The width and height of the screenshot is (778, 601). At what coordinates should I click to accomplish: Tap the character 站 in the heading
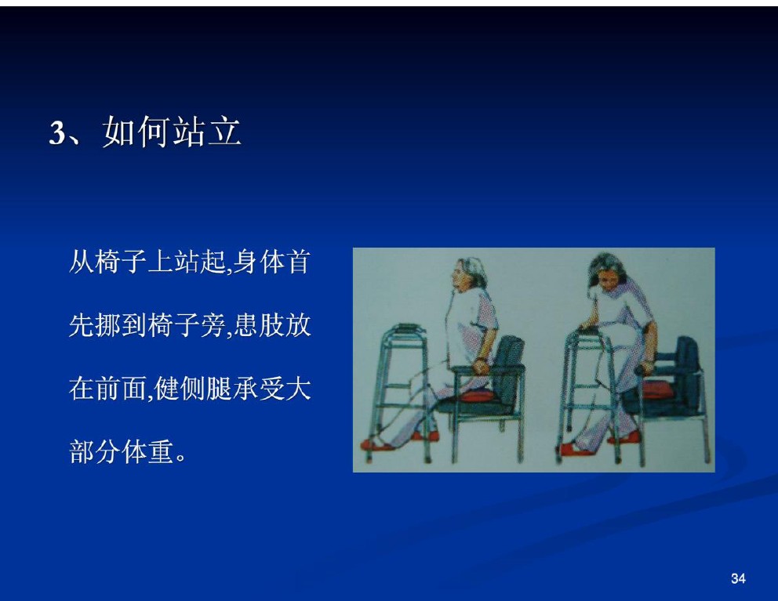(x=188, y=132)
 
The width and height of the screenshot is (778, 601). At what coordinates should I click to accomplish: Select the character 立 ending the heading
(x=224, y=132)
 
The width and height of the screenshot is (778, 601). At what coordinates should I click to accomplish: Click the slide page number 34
(x=738, y=578)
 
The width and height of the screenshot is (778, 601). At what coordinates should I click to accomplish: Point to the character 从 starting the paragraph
(x=82, y=262)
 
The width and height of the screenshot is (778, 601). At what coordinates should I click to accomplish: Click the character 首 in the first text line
(x=298, y=262)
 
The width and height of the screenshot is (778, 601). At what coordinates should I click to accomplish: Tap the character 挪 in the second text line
(x=109, y=325)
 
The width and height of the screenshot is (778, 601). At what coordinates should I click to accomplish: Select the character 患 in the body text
(x=245, y=325)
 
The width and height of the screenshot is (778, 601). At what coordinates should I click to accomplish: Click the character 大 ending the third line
(x=298, y=389)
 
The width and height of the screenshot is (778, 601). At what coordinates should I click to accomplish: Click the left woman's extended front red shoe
(x=378, y=444)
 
